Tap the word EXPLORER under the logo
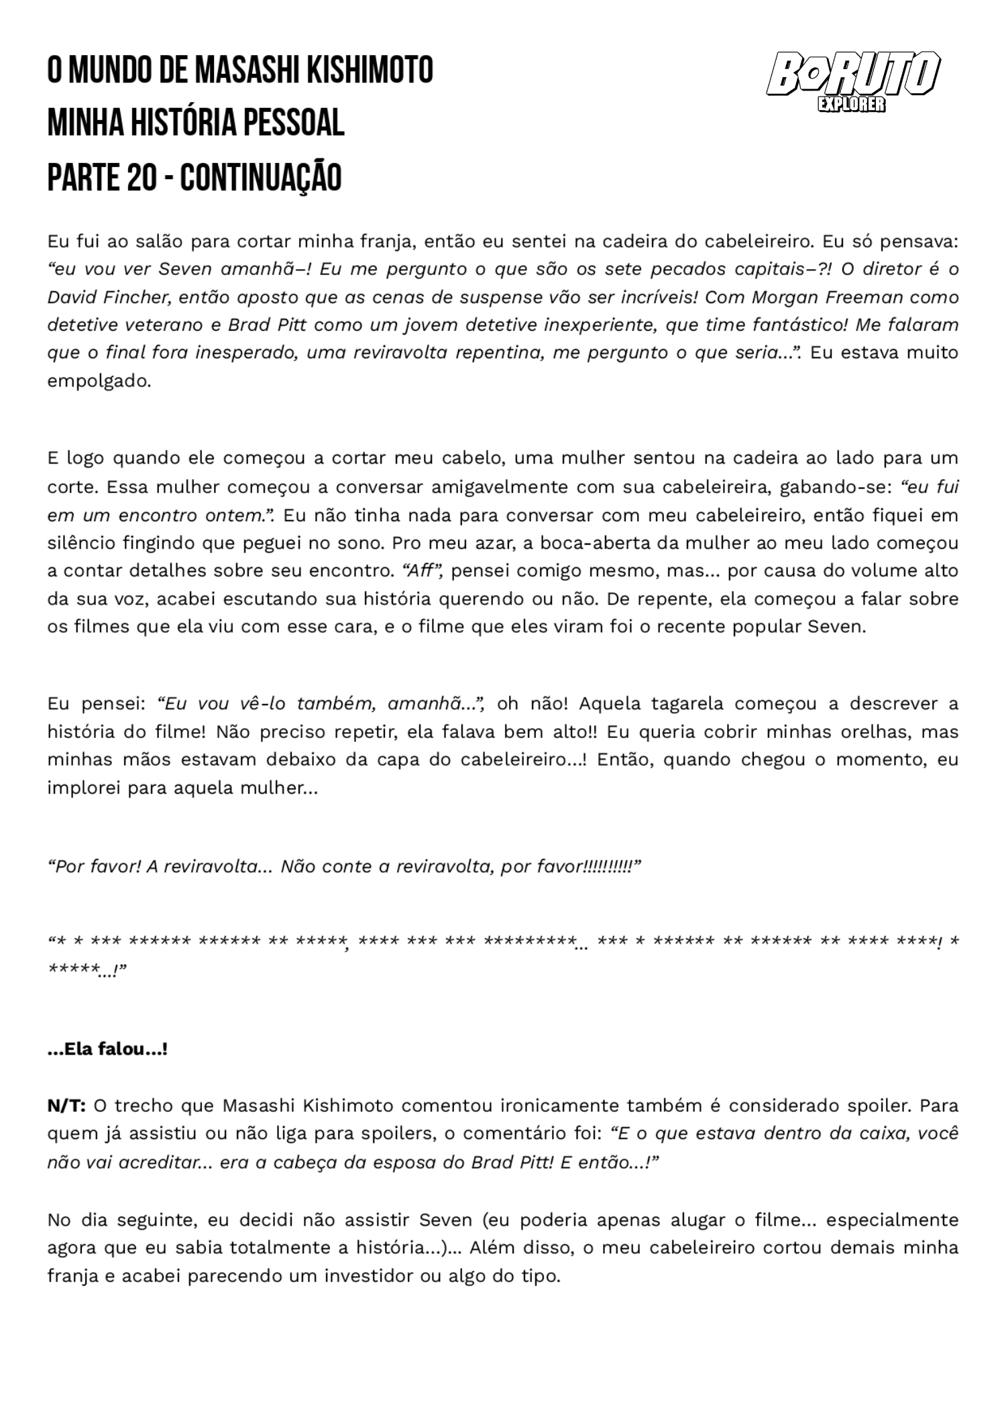point(851,105)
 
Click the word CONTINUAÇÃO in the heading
point(261,177)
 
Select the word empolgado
point(98,381)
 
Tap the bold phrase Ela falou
point(107,1050)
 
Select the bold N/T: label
point(66,1106)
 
